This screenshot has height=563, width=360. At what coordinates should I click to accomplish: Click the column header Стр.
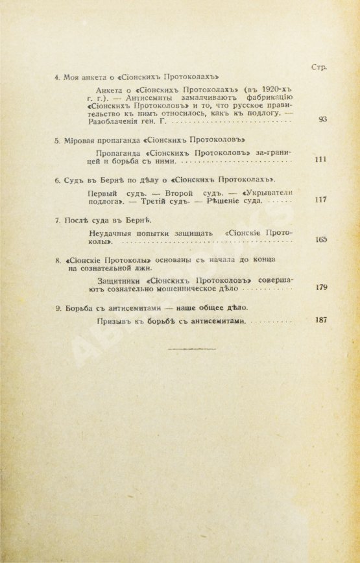tap(318, 67)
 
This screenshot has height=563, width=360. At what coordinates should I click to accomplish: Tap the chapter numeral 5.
tap(56, 140)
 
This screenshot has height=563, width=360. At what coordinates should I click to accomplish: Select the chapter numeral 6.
tap(56, 178)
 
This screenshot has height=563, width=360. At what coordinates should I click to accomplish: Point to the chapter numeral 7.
tap(56, 220)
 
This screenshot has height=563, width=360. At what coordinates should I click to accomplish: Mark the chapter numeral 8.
tap(56, 260)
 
